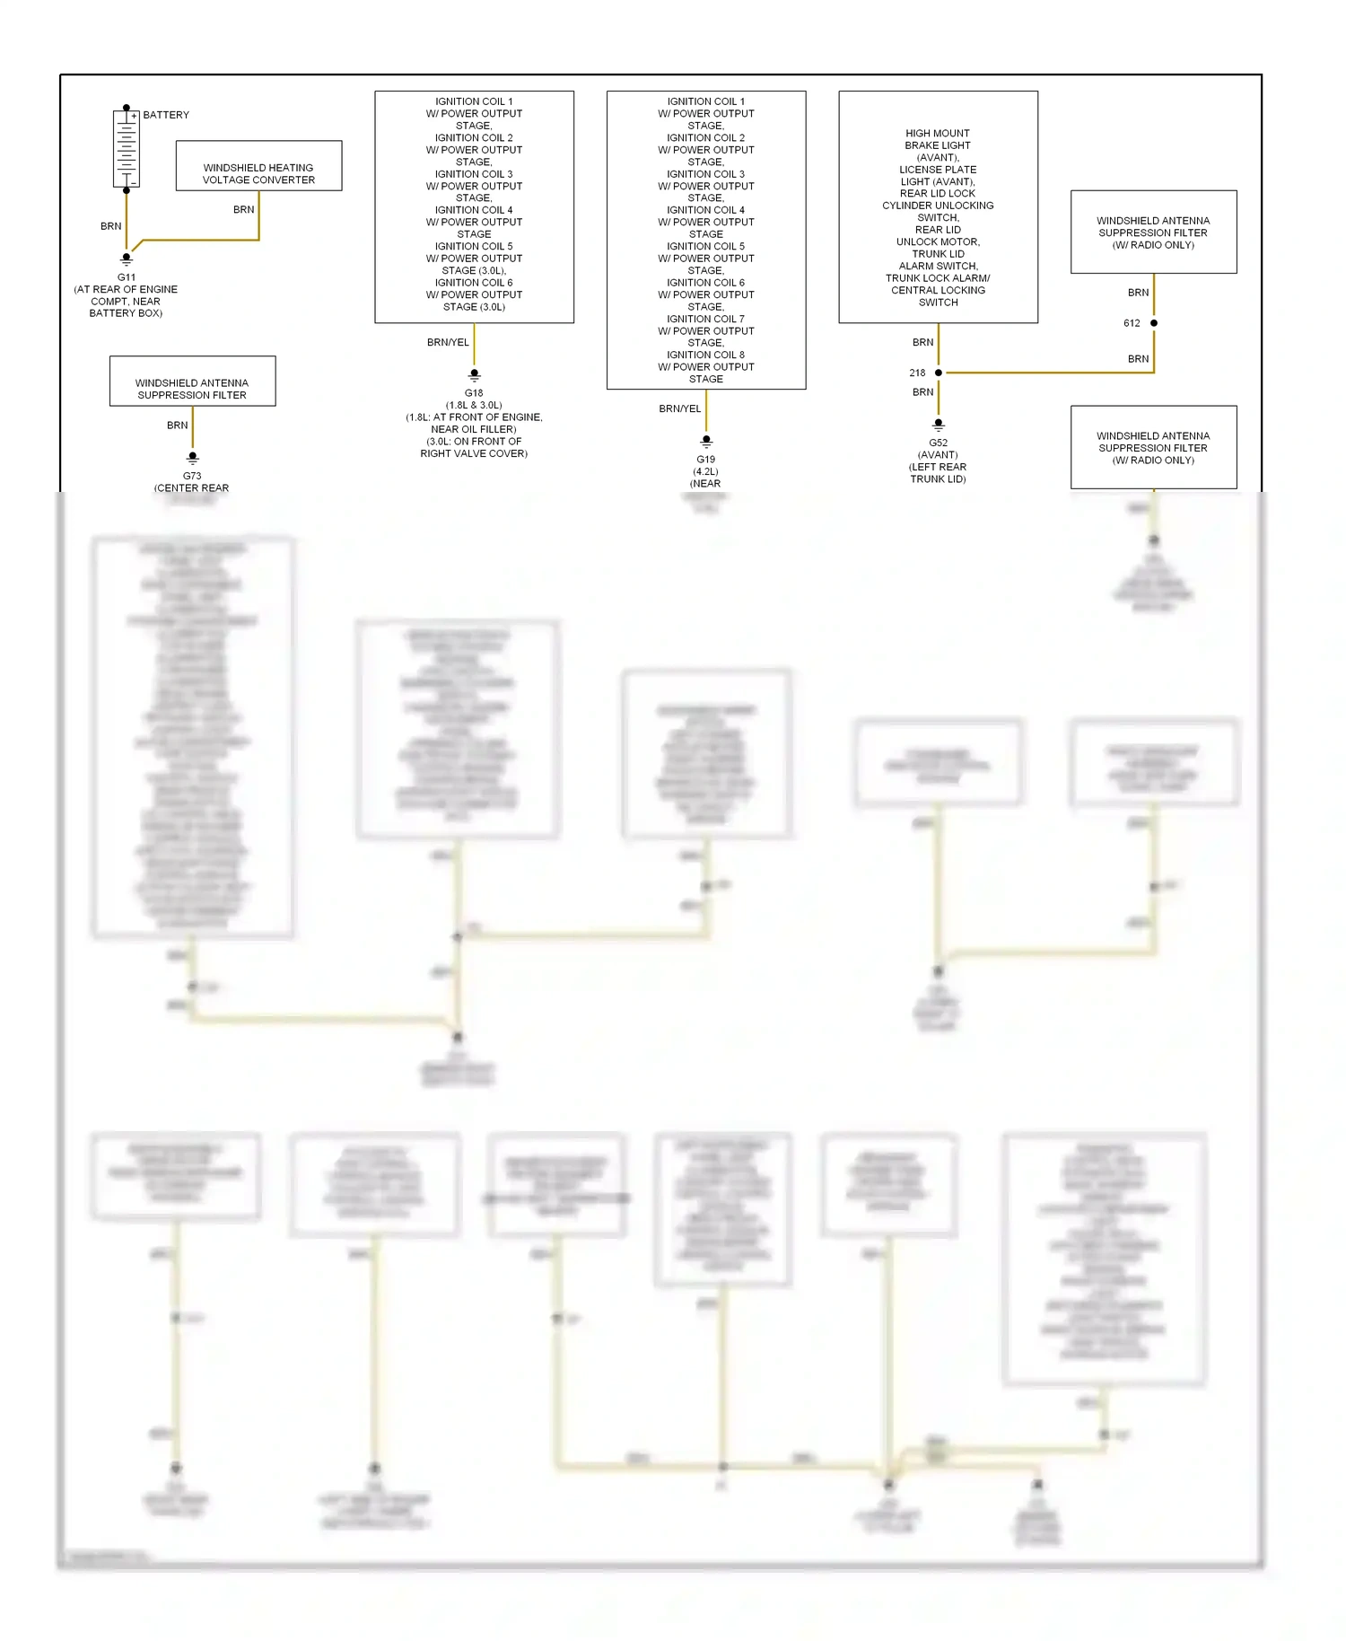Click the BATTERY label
tap(166, 115)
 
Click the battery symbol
tap(127, 148)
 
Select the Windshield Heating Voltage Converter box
tap(258, 166)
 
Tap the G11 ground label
tap(127, 277)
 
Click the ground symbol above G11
tap(127, 259)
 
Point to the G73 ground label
tap(192, 476)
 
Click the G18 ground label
tap(474, 393)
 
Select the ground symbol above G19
tap(706, 442)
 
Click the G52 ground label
tap(938, 443)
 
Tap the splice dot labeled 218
tap(939, 373)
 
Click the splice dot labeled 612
tap(1154, 323)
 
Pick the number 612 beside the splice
tap(1132, 323)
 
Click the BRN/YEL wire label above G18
tap(448, 342)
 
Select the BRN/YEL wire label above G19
tap(680, 408)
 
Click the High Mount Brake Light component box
tap(938, 207)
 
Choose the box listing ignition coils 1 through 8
tap(706, 240)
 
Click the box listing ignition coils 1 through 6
tap(474, 207)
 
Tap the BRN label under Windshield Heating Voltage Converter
tap(243, 209)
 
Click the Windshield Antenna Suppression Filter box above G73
tap(192, 382)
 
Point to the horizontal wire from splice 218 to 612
tap(1045, 373)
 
